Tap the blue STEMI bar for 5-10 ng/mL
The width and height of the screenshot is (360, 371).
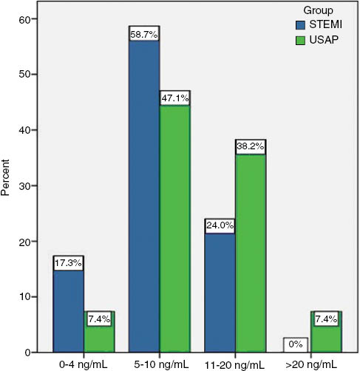tap(144, 196)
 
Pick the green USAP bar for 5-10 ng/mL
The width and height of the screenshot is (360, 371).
tap(174, 229)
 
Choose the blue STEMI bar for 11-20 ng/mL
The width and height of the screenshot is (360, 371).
tap(220, 292)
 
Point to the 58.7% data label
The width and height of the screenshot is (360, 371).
tap(144, 33)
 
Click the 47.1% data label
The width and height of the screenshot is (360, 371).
tap(174, 98)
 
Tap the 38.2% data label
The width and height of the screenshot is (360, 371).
tap(250, 146)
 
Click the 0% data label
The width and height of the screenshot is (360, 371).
tap(296, 343)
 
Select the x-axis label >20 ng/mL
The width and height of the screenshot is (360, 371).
tap(310, 364)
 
